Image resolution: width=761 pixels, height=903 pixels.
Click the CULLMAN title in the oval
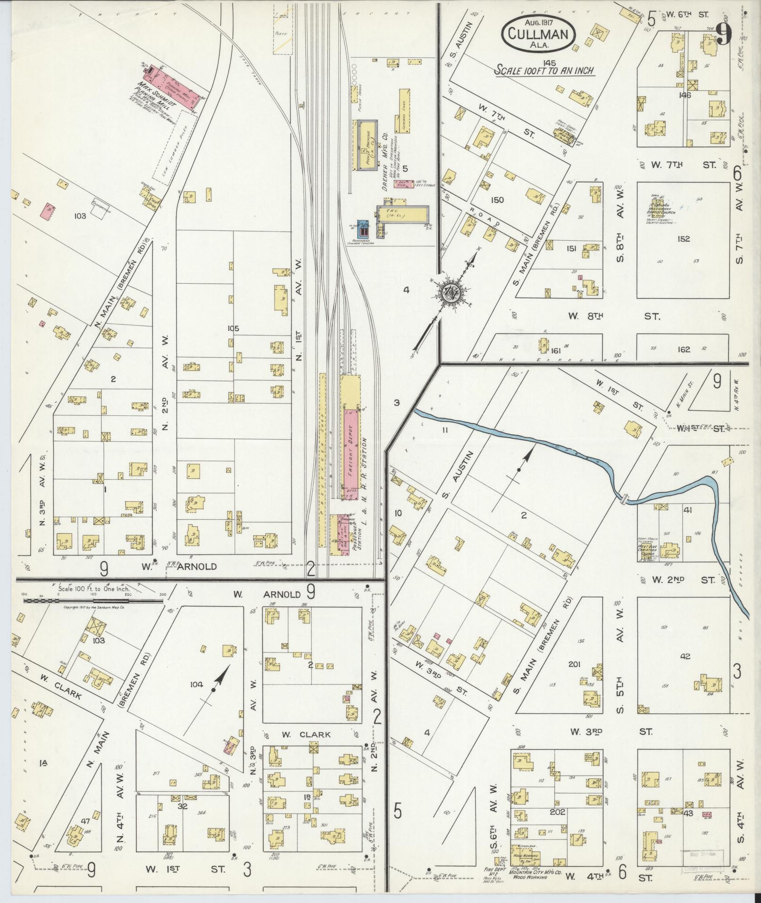click(x=542, y=34)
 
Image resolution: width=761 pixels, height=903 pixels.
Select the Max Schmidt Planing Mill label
click(x=155, y=94)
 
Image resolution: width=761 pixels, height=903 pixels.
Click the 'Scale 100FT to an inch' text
click(x=544, y=71)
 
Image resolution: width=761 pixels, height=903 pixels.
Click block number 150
click(x=497, y=200)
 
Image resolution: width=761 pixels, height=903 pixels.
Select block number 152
click(x=683, y=239)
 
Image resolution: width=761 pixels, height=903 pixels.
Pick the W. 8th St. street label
click(x=613, y=316)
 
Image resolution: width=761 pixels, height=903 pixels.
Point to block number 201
click(x=574, y=665)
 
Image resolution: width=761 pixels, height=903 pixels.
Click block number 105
click(x=233, y=329)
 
